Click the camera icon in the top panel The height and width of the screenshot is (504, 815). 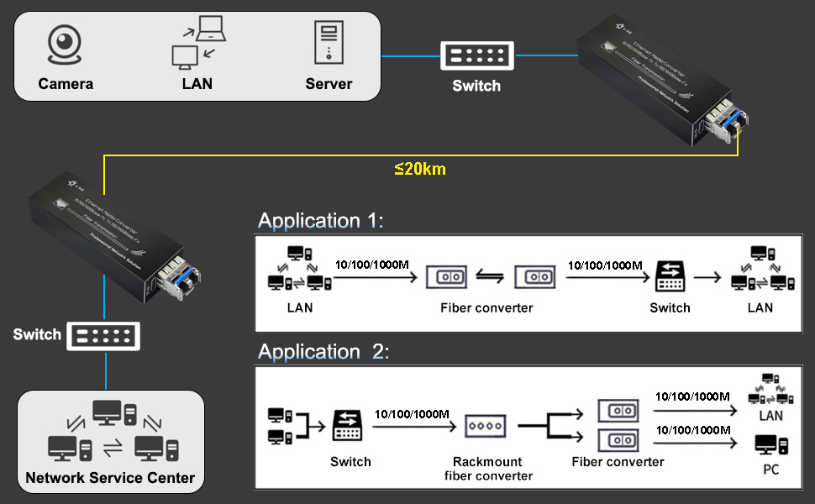(65, 45)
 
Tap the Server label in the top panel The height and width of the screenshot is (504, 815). (329, 84)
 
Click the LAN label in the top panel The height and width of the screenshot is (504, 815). (197, 84)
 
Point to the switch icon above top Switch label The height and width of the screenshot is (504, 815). (476, 56)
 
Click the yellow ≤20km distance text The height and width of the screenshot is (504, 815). (420, 169)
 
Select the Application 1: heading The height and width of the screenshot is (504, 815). (320, 221)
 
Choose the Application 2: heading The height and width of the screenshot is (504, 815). (323, 352)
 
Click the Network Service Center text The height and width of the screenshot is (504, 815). (110, 479)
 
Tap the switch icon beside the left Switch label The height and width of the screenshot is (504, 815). (103, 336)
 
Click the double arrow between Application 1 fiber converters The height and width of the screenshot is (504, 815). (489, 276)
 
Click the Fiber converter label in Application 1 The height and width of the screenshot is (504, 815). (486, 307)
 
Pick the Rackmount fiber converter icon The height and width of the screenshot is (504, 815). (486, 427)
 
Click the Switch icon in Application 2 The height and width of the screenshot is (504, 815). (349, 426)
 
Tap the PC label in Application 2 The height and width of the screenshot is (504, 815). (770, 470)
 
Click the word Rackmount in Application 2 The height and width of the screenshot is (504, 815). (487, 462)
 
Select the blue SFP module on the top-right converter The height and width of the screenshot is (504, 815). (728, 126)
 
